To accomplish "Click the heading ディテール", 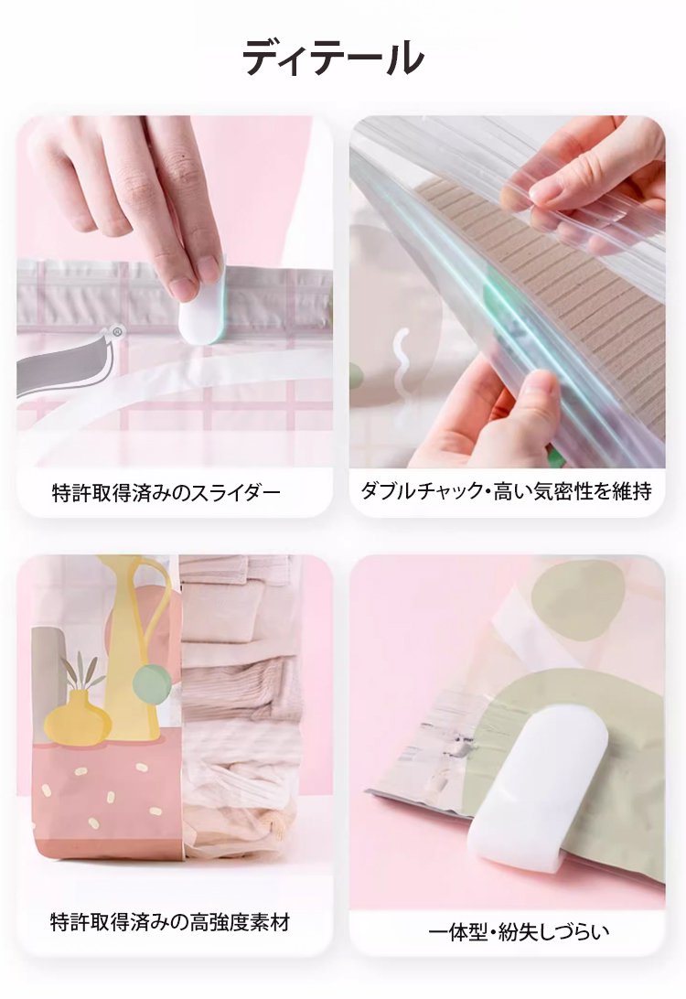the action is point(333,58).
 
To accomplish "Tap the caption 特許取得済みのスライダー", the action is point(166,492).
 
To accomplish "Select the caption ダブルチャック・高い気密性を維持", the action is point(507,490).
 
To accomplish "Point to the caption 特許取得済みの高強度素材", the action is point(170,922).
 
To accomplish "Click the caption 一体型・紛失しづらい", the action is point(519,932).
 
